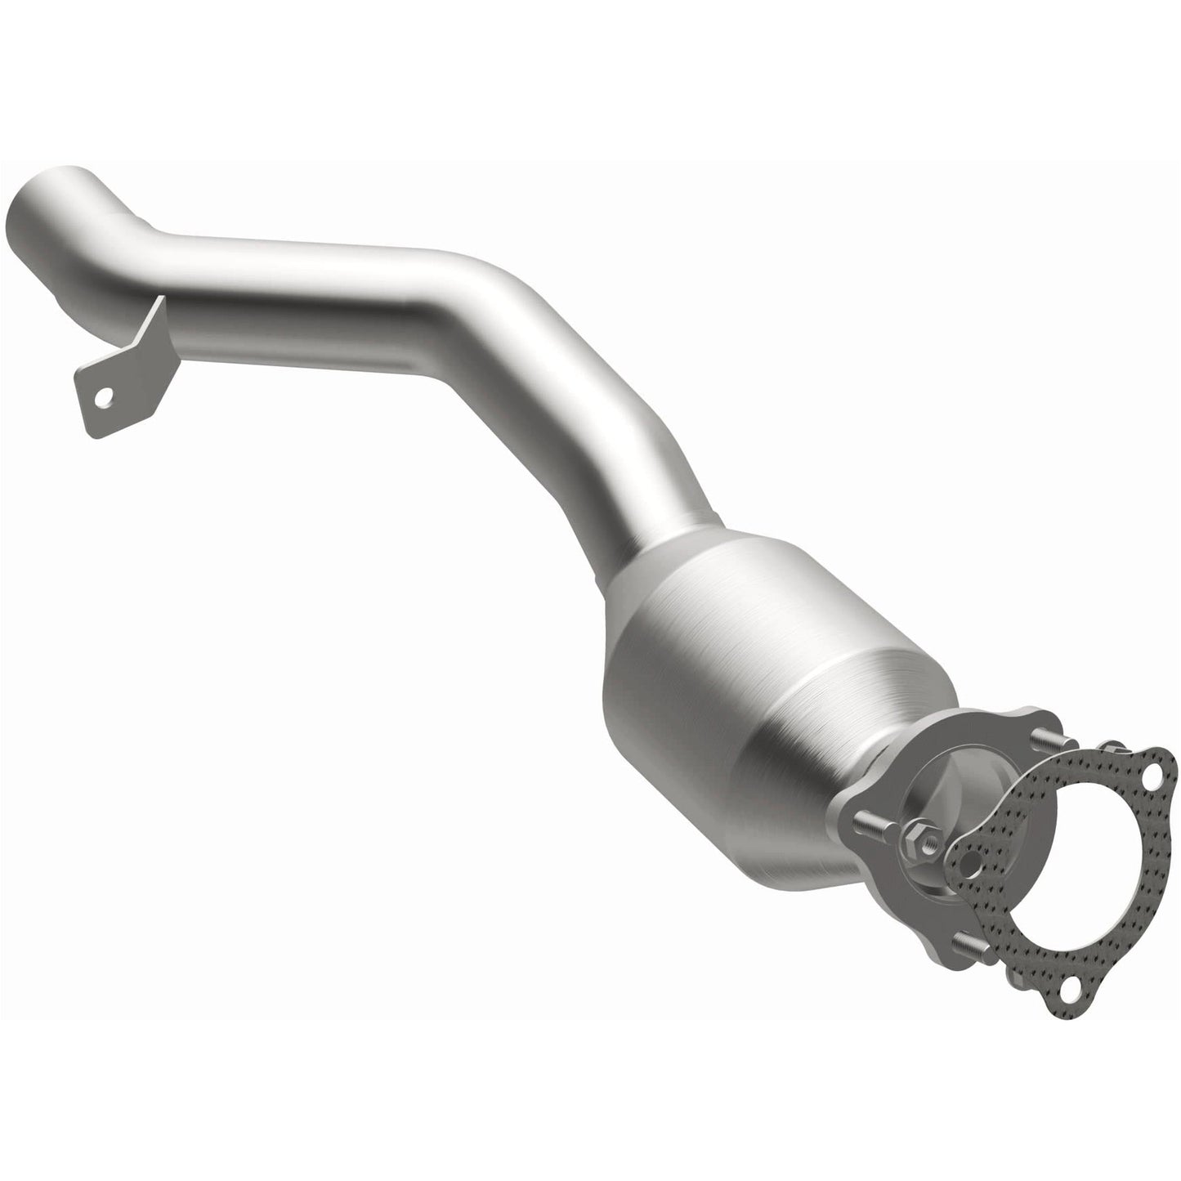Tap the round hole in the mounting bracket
click(101, 399)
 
